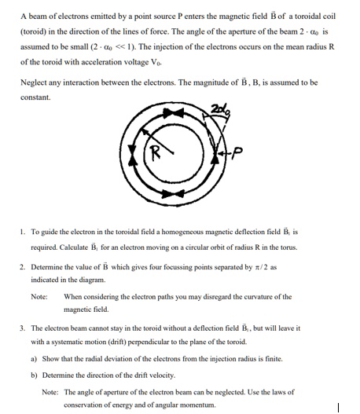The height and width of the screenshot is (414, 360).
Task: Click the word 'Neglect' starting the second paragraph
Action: [35, 82]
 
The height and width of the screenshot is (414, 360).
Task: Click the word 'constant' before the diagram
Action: [37, 97]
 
